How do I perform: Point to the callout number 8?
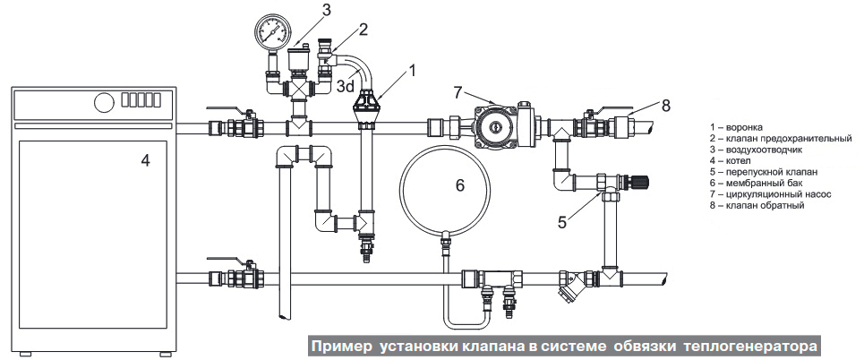coord(665,105)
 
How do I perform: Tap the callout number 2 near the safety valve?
coord(364,29)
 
